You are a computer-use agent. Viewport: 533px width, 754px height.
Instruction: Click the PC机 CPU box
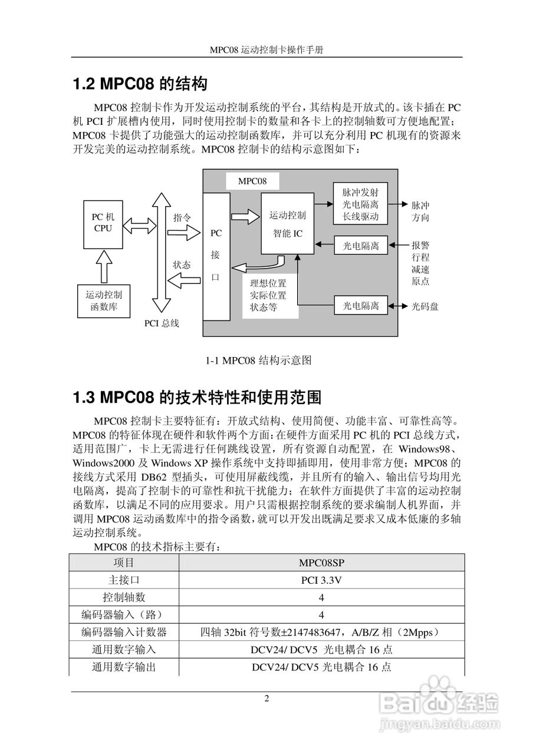[x=103, y=223]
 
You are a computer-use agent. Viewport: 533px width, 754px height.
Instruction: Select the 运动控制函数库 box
[x=104, y=300]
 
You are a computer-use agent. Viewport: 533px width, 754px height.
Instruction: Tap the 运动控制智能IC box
[x=288, y=224]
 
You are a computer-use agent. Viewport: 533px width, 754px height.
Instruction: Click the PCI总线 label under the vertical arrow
[x=162, y=323]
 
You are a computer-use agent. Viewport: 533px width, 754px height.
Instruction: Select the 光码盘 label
[x=425, y=306]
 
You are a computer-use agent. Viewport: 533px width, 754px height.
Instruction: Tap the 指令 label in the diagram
[x=182, y=217]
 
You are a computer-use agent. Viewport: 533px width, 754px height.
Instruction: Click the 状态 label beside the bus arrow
[x=182, y=265]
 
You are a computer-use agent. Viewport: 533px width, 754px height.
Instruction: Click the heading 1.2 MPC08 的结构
[x=139, y=84]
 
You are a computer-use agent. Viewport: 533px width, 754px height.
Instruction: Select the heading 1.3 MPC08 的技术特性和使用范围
[x=196, y=398]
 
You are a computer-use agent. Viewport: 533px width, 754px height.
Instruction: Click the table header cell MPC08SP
[x=321, y=563]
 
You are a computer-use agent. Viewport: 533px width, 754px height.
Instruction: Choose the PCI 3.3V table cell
[x=321, y=580]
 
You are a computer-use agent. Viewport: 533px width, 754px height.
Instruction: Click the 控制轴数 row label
[x=124, y=597]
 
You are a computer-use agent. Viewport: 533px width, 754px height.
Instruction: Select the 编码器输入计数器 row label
[x=124, y=633]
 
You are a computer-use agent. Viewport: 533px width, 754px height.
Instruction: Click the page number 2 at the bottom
[x=266, y=699]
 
